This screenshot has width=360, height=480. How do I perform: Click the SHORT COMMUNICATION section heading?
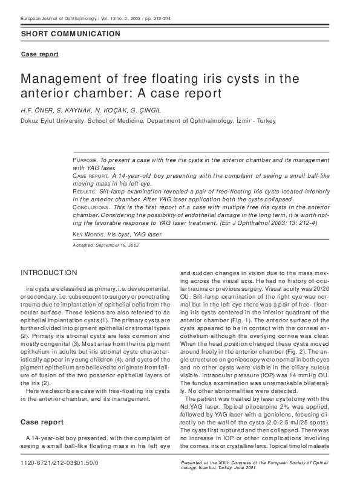(70, 34)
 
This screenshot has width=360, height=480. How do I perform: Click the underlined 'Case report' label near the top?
(40, 54)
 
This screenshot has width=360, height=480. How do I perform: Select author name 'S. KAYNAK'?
(75, 111)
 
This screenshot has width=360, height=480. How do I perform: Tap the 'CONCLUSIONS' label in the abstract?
(90, 207)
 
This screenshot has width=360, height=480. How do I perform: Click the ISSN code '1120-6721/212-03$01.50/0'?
(59, 462)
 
